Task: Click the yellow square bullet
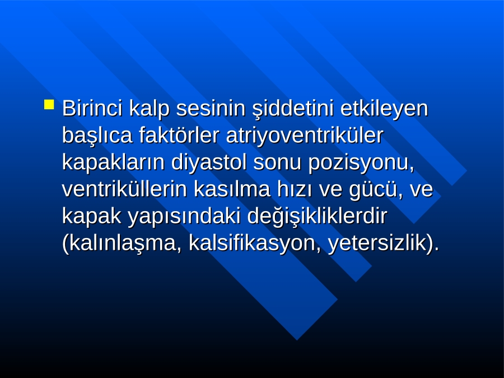pos(49,105)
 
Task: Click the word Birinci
pos(92,108)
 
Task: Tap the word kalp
pos(149,109)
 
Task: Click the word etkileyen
pos(384,109)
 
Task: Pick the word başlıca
pos(97,136)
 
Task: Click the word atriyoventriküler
pos(305,136)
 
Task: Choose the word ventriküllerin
pos(124,189)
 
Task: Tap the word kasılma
pos(232,189)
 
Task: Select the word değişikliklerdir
pos(317,217)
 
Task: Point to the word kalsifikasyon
pos(255,244)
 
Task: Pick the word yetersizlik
pos(376,244)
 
